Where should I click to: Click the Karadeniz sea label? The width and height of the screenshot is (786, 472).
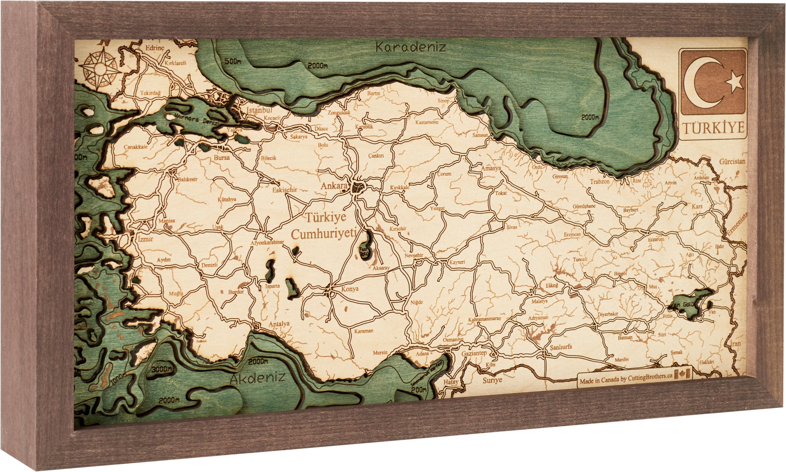(410, 47)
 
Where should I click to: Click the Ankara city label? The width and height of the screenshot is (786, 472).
(333, 186)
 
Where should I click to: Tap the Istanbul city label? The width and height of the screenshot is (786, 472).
(260, 110)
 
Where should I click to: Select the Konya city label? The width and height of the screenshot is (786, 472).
(350, 289)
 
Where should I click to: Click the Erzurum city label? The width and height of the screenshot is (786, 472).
(656, 239)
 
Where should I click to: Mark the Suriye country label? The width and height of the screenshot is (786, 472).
(492, 380)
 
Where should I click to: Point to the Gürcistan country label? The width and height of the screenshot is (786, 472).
(732, 161)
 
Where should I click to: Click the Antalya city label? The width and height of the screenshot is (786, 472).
(279, 324)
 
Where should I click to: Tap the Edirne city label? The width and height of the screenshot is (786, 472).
(155, 48)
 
